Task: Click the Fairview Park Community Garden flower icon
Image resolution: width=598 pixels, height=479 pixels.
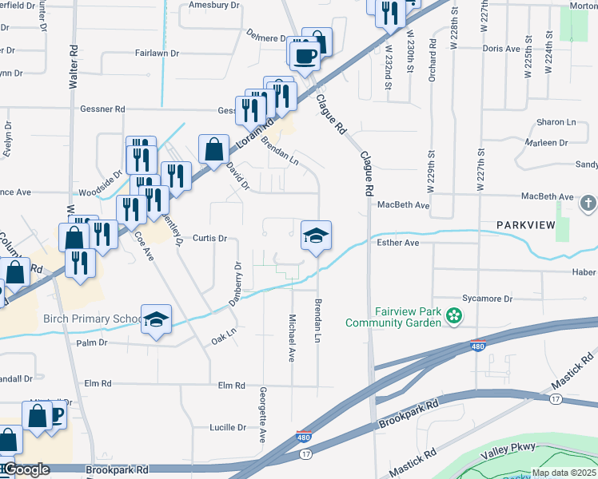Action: (455, 317)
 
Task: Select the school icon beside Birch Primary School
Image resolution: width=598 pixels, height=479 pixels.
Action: (157, 320)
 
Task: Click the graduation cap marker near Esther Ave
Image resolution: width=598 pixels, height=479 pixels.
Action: (316, 236)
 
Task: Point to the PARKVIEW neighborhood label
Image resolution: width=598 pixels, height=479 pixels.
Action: (525, 225)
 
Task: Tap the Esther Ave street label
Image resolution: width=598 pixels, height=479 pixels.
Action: (397, 243)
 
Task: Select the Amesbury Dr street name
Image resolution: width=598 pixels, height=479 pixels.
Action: (213, 5)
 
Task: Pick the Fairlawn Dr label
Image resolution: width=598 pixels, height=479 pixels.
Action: (157, 53)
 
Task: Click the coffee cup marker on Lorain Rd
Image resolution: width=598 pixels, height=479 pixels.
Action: (304, 55)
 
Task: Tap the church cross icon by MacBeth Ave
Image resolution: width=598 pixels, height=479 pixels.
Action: (588, 203)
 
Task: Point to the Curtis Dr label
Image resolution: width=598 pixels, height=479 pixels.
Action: (210, 238)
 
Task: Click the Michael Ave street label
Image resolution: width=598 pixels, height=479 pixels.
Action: (292, 335)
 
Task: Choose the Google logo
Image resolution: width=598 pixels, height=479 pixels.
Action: (26, 469)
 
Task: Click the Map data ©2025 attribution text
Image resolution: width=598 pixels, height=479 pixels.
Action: (564, 473)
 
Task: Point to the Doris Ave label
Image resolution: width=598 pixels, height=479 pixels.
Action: (502, 49)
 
